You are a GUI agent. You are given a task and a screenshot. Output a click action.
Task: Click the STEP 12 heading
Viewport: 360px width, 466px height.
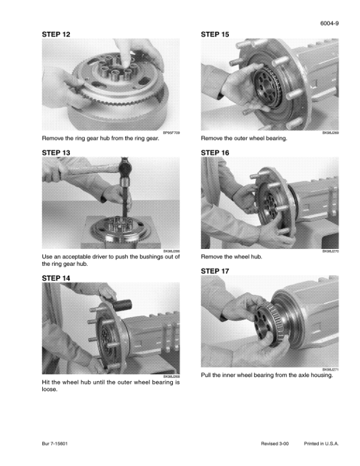click(x=56, y=35)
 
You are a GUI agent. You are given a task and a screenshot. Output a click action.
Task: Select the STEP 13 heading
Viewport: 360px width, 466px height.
click(x=56, y=153)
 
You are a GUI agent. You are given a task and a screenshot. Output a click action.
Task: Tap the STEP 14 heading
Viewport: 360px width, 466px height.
click(x=56, y=278)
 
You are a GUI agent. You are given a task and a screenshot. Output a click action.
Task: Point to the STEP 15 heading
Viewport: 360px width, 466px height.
click(x=215, y=35)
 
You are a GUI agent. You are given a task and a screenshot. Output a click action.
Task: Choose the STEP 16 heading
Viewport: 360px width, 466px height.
click(x=215, y=153)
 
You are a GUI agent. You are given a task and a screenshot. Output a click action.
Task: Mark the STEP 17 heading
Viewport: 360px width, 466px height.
click(x=215, y=271)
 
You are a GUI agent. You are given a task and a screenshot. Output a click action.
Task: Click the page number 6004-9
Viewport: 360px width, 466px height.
click(x=329, y=24)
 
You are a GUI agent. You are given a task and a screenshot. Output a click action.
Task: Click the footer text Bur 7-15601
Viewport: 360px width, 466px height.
click(x=55, y=444)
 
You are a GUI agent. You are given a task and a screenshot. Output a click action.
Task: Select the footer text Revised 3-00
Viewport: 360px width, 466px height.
click(x=275, y=444)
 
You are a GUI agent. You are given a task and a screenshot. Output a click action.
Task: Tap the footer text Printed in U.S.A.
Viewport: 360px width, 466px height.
click(x=321, y=444)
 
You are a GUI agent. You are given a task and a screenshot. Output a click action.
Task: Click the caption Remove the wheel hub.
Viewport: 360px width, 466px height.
click(x=232, y=257)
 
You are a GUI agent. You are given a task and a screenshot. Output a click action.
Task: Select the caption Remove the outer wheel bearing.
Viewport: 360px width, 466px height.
click(x=244, y=138)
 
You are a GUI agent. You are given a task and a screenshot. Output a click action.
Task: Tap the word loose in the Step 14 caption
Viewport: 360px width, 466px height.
click(x=49, y=390)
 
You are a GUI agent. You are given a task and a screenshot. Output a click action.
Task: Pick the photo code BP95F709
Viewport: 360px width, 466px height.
click(x=171, y=133)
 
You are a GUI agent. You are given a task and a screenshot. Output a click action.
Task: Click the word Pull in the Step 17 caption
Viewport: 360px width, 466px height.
click(x=206, y=375)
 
